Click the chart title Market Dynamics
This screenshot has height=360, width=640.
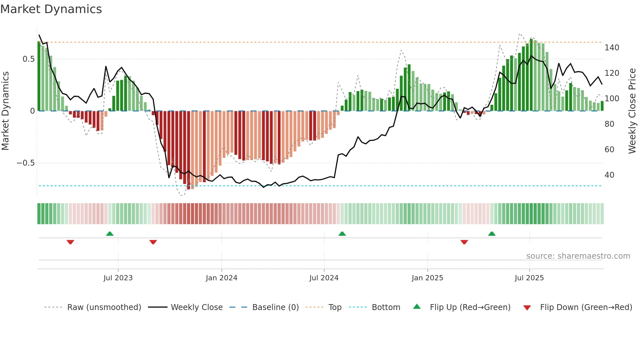(x=51, y=9)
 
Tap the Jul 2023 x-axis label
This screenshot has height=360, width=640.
(x=118, y=278)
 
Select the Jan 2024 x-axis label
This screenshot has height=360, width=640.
(x=221, y=278)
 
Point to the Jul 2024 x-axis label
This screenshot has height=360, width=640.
(x=324, y=278)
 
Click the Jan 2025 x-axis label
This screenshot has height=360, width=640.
(x=427, y=278)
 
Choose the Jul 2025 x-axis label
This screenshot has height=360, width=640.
(x=529, y=278)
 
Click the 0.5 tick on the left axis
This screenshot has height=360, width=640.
(x=28, y=59)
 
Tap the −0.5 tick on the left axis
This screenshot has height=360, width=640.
(x=25, y=163)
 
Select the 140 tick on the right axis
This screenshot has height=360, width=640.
(x=612, y=48)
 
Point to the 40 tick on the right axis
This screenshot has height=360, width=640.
(x=609, y=175)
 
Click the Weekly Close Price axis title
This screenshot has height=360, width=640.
(x=632, y=111)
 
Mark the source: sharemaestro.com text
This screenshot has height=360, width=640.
(x=578, y=256)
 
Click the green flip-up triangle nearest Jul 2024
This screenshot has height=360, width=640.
(x=342, y=234)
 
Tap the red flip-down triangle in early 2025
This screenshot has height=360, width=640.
(x=464, y=242)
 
